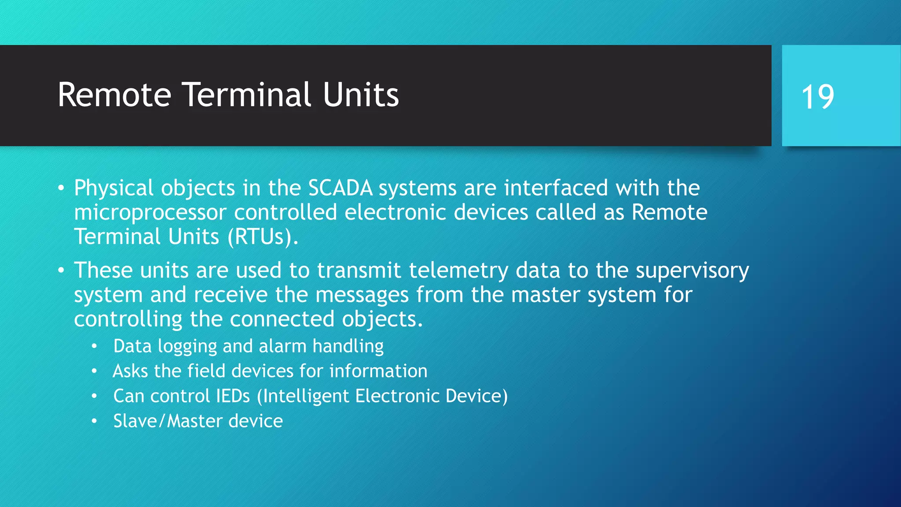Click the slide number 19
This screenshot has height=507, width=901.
817,97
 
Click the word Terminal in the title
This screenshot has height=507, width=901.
247,95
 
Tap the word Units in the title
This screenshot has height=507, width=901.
361,95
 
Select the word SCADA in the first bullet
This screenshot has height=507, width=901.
340,188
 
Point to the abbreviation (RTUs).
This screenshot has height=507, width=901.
263,237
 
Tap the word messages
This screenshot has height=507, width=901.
362,295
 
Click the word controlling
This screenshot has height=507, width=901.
128,320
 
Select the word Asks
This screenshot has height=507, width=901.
130,371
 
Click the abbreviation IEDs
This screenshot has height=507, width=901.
233,396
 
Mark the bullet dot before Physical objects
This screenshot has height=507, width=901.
61,189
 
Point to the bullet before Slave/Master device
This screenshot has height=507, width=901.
94,421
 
